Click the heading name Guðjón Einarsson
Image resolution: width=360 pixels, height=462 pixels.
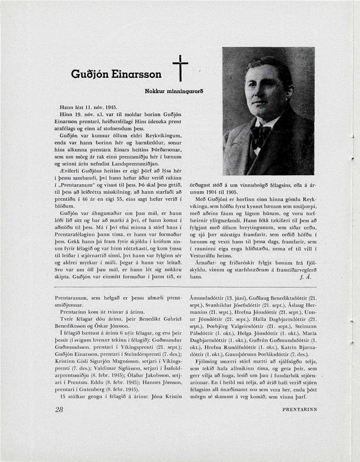117,74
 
